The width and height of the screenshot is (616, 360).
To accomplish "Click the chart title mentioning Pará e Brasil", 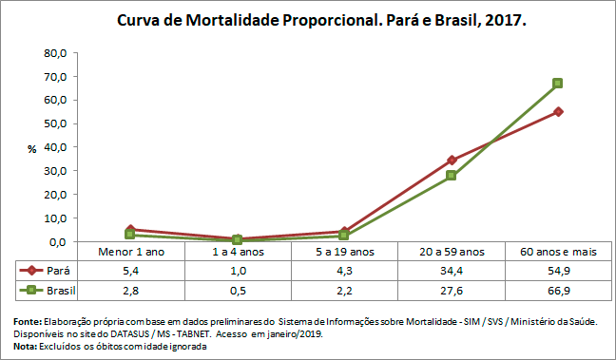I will [x=321, y=20].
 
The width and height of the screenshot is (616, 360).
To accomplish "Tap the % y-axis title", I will [x=31, y=149].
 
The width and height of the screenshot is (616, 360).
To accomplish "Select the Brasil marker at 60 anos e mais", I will [x=558, y=84].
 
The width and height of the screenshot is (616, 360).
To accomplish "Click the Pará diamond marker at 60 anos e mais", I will [x=558, y=111].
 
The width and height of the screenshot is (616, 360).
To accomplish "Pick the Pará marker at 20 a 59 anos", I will [x=452, y=161].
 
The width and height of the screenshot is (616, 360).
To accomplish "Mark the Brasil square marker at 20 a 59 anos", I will [x=452, y=176].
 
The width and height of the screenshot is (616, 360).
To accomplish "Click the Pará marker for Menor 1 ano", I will [x=130, y=230].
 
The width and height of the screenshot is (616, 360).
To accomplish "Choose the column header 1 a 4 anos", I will [x=237, y=252].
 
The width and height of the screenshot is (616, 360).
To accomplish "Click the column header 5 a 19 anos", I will [x=343, y=252].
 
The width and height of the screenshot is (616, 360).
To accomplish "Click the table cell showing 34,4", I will [x=451, y=271].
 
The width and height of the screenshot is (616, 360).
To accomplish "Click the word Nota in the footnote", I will [x=26, y=346].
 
